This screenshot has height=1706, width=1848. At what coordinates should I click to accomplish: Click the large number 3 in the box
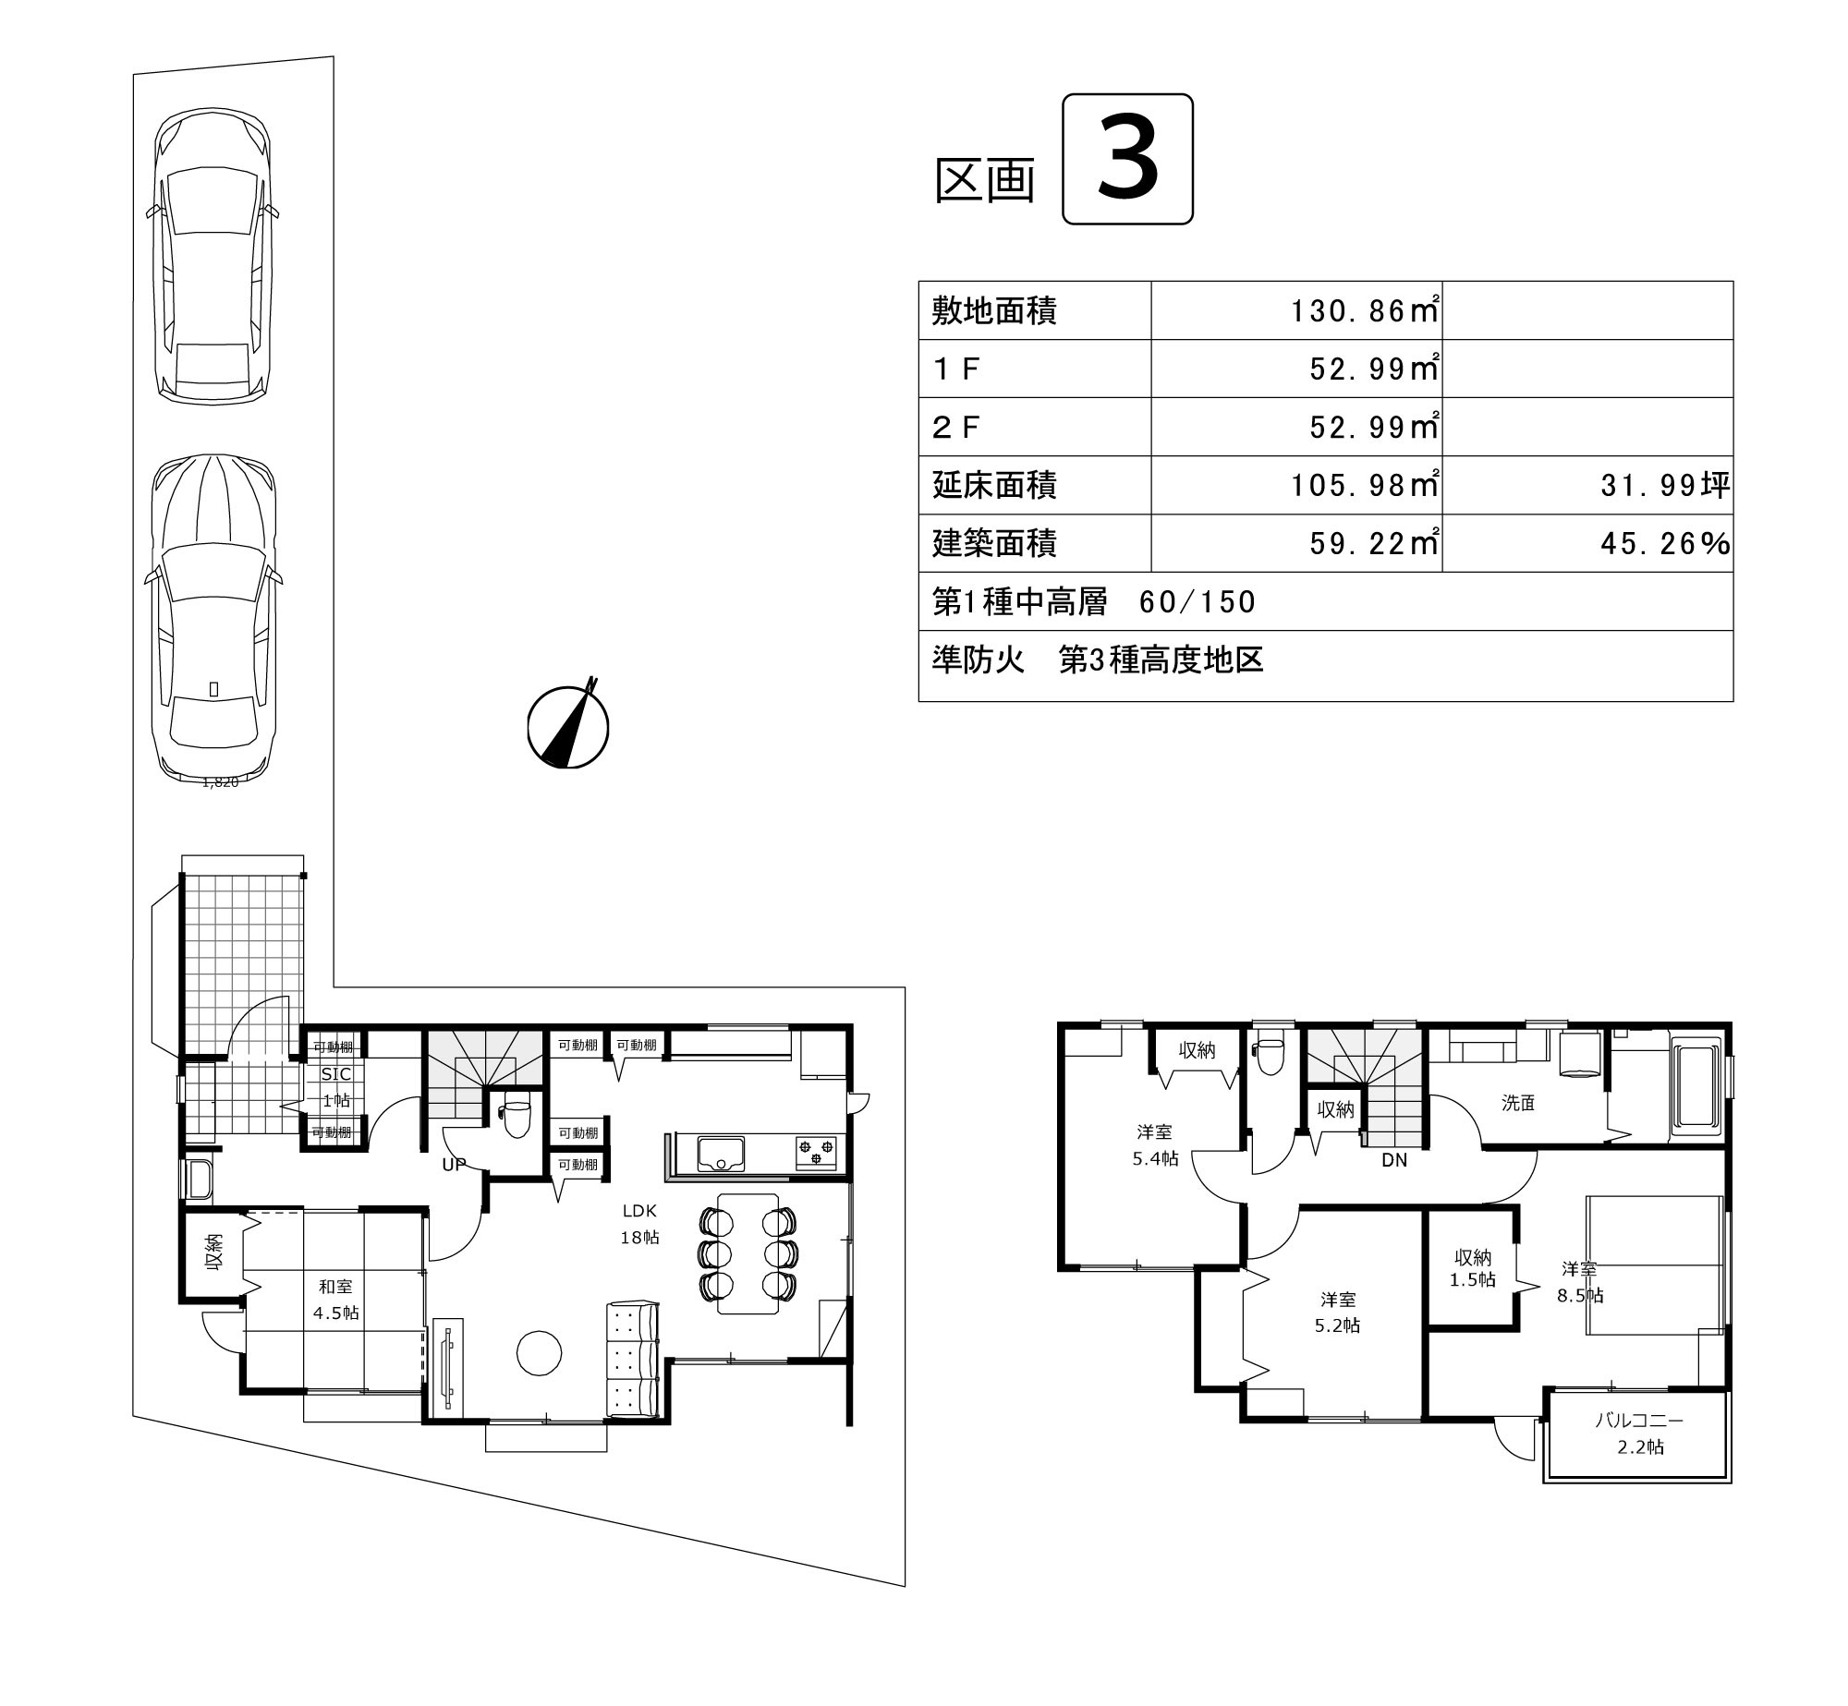pyautogui.click(x=1127, y=159)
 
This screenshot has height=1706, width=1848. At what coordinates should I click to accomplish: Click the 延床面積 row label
pyautogui.click(x=994, y=485)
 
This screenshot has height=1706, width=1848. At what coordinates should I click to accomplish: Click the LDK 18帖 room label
pyautogui.click(x=639, y=1224)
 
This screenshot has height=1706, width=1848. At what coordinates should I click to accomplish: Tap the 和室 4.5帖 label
pyautogui.click(x=335, y=1300)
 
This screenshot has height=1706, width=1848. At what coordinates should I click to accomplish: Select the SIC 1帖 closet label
pyautogui.click(x=335, y=1087)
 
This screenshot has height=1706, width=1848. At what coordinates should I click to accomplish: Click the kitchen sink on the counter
pyautogui.click(x=721, y=1154)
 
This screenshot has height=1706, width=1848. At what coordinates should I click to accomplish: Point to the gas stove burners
pyautogui.click(x=816, y=1152)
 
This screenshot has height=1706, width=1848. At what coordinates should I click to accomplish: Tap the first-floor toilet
pyautogui.click(x=516, y=1117)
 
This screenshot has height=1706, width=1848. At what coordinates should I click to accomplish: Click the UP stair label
pyautogui.click(x=454, y=1165)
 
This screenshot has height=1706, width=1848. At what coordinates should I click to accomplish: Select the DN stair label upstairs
pyautogui.click(x=1394, y=1160)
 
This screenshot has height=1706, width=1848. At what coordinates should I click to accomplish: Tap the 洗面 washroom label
pyautogui.click(x=1518, y=1103)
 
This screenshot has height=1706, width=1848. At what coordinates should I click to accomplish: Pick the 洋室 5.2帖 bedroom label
pyautogui.click(x=1338, y=1313)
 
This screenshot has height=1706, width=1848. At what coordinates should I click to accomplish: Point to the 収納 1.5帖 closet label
pyautogui.click(x=1473, y=1268)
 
